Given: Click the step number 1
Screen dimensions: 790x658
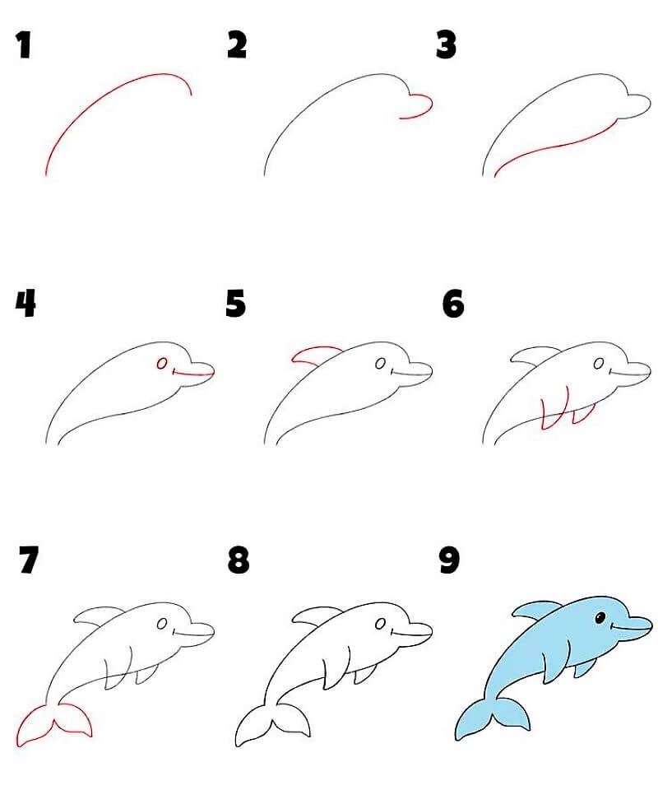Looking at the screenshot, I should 24,45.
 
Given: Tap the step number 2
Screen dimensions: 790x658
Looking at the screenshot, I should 237,45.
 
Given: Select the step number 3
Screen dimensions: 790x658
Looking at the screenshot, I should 447,45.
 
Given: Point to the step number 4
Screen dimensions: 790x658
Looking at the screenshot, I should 25,304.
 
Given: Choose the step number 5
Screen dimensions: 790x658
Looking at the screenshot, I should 236,304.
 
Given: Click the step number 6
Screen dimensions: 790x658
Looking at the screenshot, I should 453,304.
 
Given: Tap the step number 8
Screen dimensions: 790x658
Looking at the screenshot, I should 238,561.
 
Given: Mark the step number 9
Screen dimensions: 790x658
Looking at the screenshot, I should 449,561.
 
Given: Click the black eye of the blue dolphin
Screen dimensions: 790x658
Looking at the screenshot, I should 600,617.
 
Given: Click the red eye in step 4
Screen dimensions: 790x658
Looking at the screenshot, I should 162,362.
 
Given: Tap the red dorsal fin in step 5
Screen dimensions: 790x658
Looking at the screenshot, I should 311,355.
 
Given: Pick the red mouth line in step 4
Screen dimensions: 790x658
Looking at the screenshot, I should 193,374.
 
